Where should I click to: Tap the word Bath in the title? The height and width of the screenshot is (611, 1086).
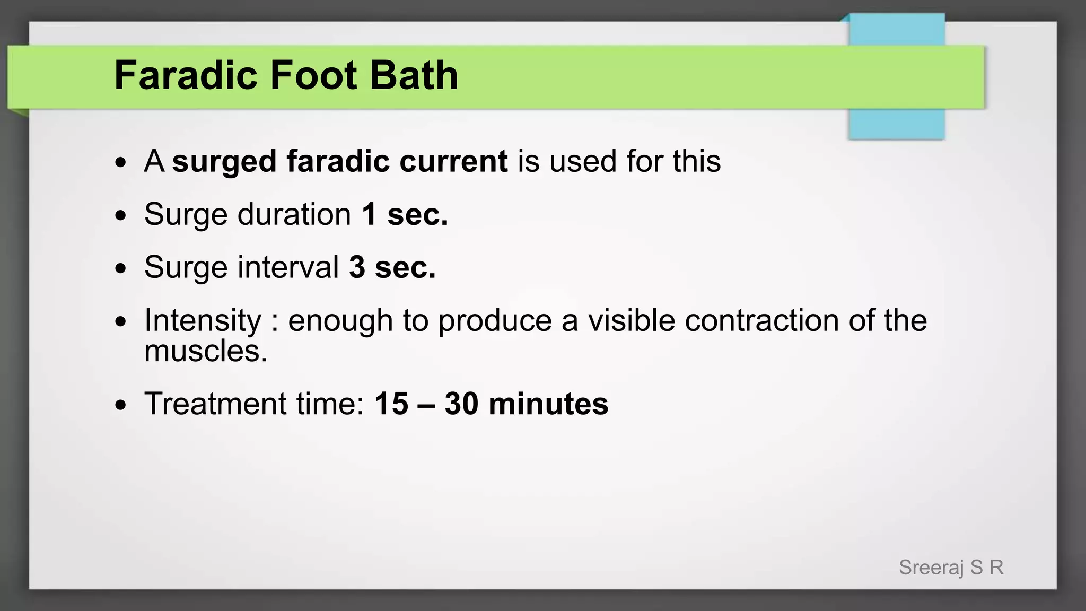click(x=414, y=75)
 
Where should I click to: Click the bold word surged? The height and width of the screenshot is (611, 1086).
click(x=224, y=162)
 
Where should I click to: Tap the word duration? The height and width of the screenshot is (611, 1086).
click(x=294, y=214)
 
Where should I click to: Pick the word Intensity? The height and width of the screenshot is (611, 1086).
click(x=203, y=320)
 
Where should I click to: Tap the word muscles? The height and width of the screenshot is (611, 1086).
click(x=206, y=351)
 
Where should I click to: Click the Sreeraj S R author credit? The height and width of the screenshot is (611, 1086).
click(x=951, y=568)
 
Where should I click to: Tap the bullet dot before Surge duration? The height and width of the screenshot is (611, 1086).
click(x=121, y=216)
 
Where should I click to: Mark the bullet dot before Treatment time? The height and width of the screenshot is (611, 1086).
click(x=121, y=405)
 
